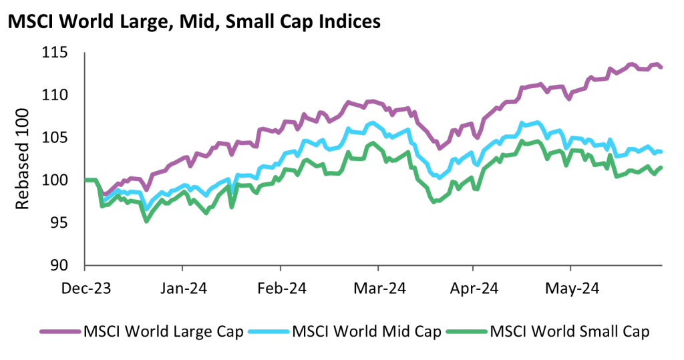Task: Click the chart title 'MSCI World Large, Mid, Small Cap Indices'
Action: tap(194, 21)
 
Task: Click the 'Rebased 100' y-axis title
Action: tap(23, 158)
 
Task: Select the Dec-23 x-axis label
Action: tap(85, 289)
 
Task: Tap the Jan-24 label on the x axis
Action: tap(183, 289)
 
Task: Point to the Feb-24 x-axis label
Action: tap(281, 289)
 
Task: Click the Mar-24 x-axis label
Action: tap(378, 289)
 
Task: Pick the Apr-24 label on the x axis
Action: tap(473, 289)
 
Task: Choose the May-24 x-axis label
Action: tap(571, 289)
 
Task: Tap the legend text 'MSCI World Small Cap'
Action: tap(570, 331)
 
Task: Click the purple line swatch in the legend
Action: tap(59, 331)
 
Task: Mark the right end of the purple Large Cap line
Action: tap(661, 67)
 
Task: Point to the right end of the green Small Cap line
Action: tap(661, 167)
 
